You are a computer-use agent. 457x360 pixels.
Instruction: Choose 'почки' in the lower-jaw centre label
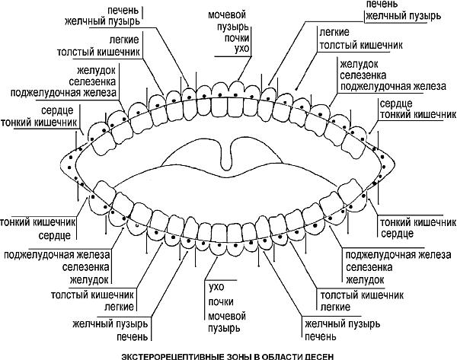[220, 302]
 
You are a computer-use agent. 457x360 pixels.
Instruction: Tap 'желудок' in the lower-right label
[364, 280]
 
